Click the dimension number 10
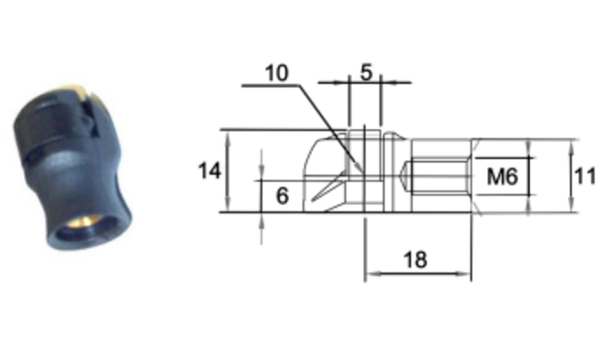277,73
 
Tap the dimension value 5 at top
366,72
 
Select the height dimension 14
209,171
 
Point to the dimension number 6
283,196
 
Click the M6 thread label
502,177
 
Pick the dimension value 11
585,176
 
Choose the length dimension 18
415,260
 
